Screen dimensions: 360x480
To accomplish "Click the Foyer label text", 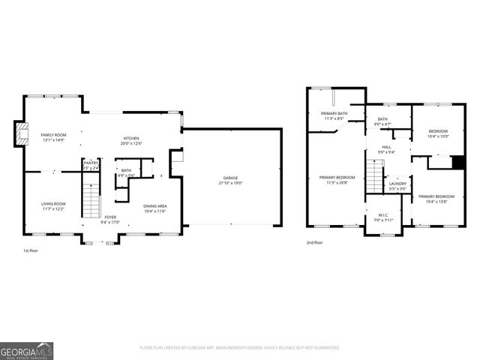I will pyautogui.click(x=110, y=219).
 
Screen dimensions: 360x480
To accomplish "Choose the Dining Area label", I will pyautogui.click(x=154, y=208).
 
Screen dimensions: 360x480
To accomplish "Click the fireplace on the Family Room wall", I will pyautogui.click(x=19, y=134).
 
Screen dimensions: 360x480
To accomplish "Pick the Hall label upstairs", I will pyautogui.click(x=386, y=149).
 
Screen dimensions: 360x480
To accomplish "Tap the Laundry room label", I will pyautogui.click(x=397, y=186).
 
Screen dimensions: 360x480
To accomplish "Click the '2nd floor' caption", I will pyautogui.click(x=314, y=242).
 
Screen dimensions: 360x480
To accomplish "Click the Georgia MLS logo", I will pyautogui.click(x=25, y=350).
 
